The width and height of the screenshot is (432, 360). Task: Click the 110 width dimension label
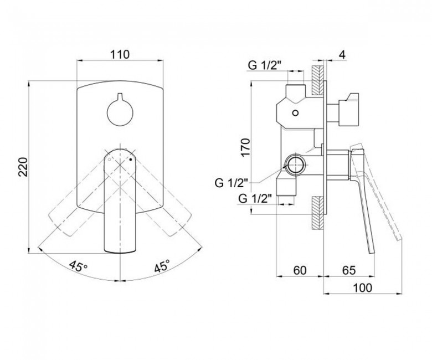coord(120,54)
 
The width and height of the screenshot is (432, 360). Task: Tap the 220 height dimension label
coord(23,167)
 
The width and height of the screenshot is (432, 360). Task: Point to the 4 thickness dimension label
coord(342,55)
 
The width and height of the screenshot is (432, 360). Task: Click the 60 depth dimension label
coord(300,270)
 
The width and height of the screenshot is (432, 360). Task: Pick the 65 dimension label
coord(349,270)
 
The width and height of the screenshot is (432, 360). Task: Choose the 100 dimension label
coord(362,288)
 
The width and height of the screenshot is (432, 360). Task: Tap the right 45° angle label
coord(162,266)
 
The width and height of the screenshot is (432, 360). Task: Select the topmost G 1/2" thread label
coord(265,65)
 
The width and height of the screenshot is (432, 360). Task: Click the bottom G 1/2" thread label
coord(255,198)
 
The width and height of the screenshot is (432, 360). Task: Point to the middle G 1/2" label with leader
coord(232,183)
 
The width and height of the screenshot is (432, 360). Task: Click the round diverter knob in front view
coord(120,113)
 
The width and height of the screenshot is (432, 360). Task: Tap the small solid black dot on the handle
coord(131,159)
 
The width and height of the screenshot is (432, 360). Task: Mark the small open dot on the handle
coord(109,159)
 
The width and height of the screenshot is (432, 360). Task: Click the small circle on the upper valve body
coord(296,113)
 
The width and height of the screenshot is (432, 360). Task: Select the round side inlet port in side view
coord(295,166)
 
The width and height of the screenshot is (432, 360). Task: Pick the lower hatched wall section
coord(317,213)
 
